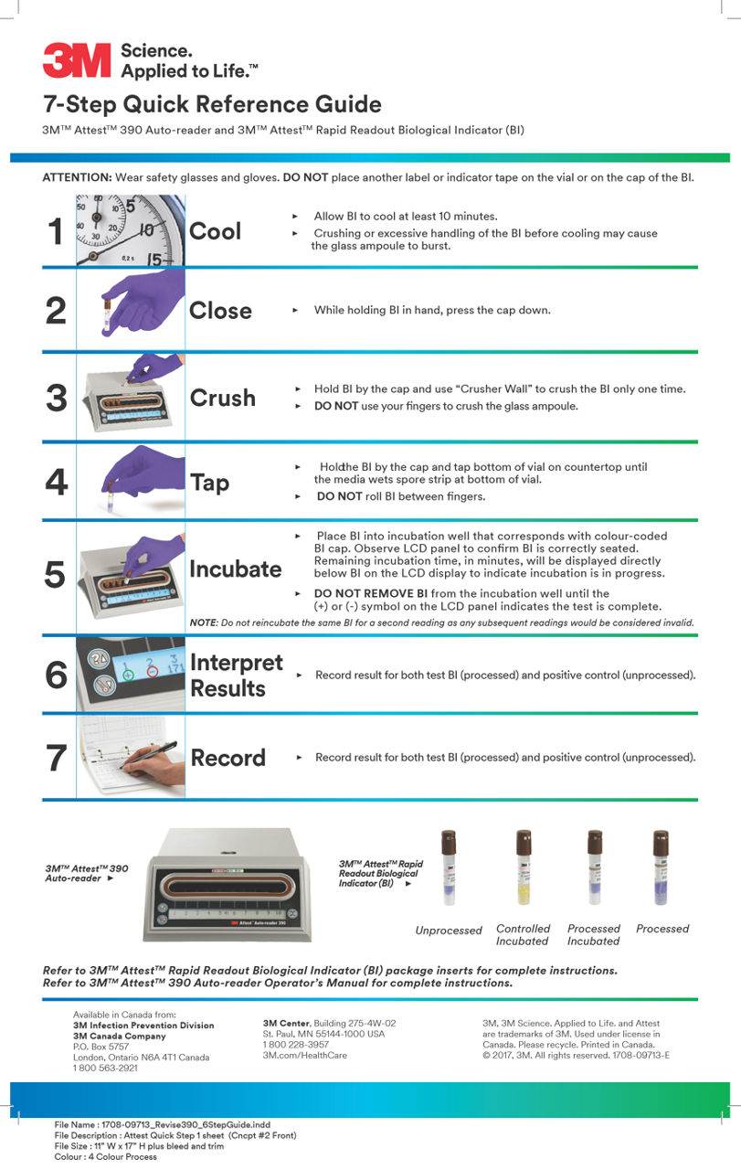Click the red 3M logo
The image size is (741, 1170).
point(76,59)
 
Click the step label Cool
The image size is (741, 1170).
point(216,231)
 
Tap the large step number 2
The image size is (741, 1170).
point(56,311)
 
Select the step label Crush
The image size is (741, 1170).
point(222,399)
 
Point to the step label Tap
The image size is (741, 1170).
point(209,482)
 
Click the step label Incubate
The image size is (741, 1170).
point(235,569)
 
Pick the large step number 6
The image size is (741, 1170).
point(56,675)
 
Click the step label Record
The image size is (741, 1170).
point(228,758)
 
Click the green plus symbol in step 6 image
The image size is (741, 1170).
point(128,674)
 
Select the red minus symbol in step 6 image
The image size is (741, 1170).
point(152,672)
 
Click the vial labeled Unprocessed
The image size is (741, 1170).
point(449,868)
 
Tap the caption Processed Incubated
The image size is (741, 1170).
point(593,934)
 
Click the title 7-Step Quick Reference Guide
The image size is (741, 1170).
point(211,103)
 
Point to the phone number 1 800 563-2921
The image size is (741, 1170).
point(105,1068)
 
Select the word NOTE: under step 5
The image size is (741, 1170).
point(202,622)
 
